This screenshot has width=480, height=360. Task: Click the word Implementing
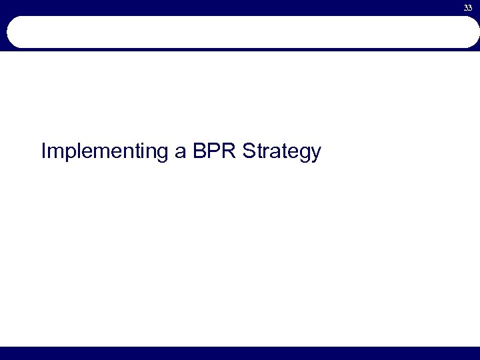click(x=105, y=153)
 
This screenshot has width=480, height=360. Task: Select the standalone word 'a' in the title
click(x=181, y=153)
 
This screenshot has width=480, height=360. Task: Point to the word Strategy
click(x=282, y=153)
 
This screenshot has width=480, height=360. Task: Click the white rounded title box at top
click(x=240, y=32)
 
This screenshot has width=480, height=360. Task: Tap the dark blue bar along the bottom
click(x=240, y=353)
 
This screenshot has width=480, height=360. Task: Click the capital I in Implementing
click(x=43, y=151)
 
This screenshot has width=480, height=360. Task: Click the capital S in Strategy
click(x=250, y=151)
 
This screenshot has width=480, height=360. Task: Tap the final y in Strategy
click(x=316, y=155)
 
